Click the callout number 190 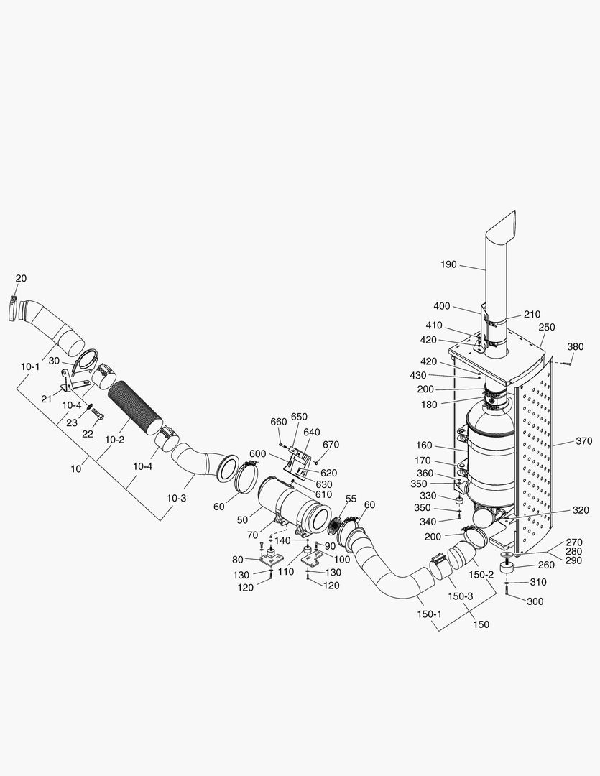click(448, 265)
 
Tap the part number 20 click(21, 278)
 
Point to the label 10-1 click(30, 366)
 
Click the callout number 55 click(351, 499)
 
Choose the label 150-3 click(460, 596)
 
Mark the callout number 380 click(575, 346)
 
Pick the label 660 click(279, 421)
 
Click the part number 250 click(546, 327)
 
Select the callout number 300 click(535, 601)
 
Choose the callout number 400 click(441, 306)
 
